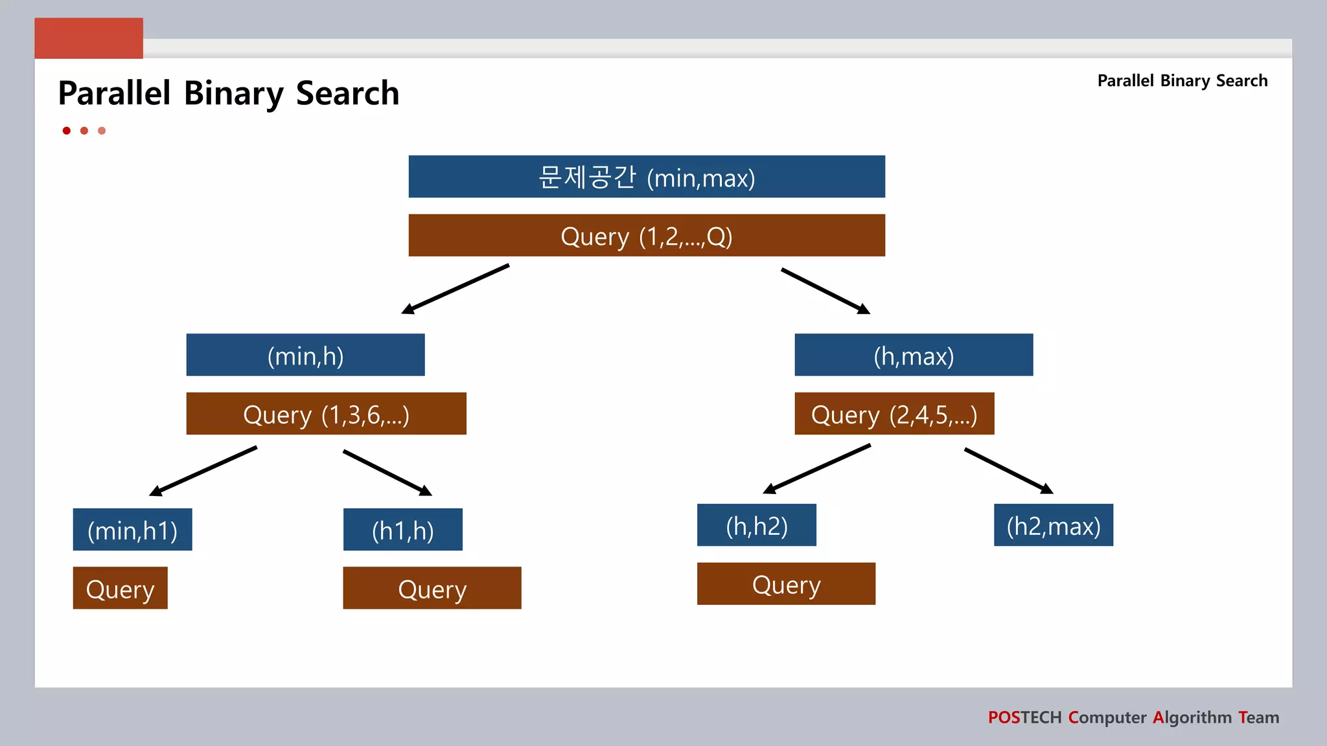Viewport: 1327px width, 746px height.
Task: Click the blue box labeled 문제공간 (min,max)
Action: (647, 176)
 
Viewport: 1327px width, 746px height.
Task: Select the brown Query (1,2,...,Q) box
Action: (647, 235)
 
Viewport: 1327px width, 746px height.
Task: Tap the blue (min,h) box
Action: (305, 355)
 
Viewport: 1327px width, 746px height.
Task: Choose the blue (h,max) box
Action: (914, 355)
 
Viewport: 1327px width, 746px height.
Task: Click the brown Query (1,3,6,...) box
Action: (326, 413)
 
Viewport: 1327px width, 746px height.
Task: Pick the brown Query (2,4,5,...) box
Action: (894, 413)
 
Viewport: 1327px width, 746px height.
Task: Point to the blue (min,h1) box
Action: (132, 529)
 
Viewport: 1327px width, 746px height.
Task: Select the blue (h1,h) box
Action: (402, 529)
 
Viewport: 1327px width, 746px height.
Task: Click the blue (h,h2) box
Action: (756, 525)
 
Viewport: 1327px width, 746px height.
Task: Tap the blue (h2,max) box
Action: (1053, 525)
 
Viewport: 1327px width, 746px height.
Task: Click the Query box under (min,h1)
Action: (120, 588)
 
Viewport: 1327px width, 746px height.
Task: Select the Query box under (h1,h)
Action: (432, 588)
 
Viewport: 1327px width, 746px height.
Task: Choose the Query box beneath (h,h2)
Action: (786, 583)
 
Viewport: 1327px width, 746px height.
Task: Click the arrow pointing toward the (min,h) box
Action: (456, 289)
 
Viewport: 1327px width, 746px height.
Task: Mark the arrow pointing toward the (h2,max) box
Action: (1008, 471)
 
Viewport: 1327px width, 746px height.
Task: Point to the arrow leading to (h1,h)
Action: (387, 473)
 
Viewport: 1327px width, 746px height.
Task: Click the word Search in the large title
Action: (347, 93)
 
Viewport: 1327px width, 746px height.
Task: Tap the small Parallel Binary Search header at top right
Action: (1182, 81)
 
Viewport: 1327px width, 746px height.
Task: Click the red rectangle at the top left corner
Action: (89, 38)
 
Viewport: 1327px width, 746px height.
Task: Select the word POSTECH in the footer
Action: (1024, 718)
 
